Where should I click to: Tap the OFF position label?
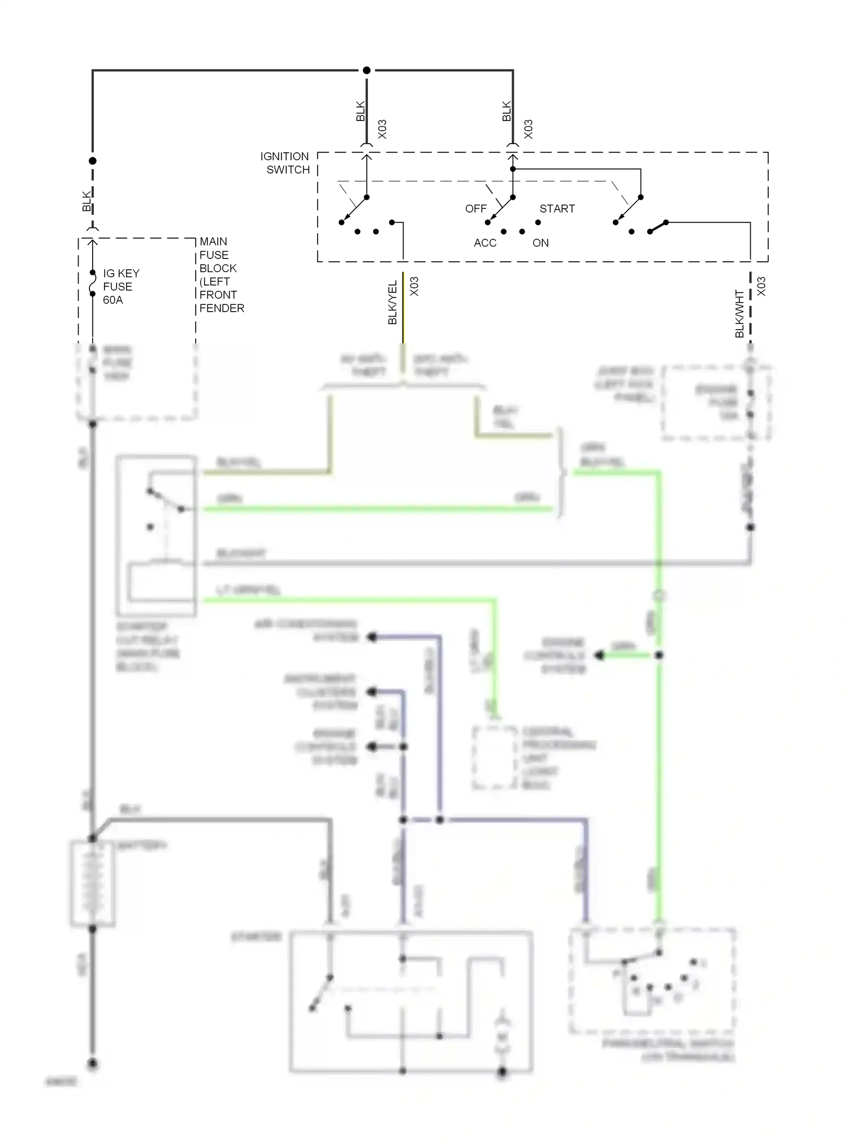coord(475,209)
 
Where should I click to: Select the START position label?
coord(557,209)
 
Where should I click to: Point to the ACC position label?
coord(485,243)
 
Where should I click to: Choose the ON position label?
coord(540,243)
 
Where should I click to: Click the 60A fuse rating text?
coord(113,300)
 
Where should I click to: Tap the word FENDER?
coord(222,308)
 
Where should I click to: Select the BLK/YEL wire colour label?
coord(393,303)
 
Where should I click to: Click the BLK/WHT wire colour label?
coord(739,314)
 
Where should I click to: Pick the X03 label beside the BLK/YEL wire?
coord(414,286)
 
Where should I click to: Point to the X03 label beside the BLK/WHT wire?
coord(761,286)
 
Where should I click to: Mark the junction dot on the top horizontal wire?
coord(366,70)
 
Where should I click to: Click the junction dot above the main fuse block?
coord(93,161)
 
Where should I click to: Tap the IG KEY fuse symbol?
coord(93,283)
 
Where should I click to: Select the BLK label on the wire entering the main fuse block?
coord(86,202)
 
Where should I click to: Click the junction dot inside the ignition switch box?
coord(513,169)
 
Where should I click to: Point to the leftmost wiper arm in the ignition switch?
coord(354,209)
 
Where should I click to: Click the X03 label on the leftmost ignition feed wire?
coord(382,129)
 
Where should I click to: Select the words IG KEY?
coord(121,273)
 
